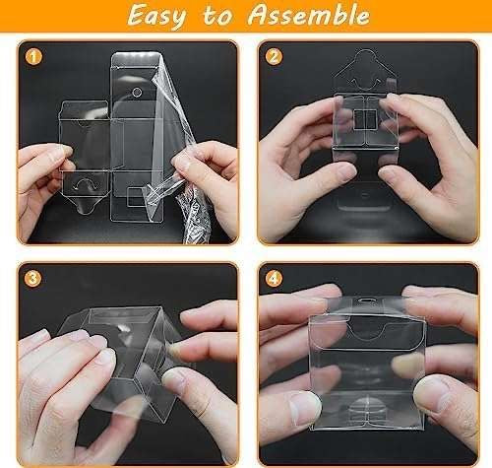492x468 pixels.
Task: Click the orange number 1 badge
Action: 34,57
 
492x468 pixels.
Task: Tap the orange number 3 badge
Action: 34,280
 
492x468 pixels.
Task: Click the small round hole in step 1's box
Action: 138,95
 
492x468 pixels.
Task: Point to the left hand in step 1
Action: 39,182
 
